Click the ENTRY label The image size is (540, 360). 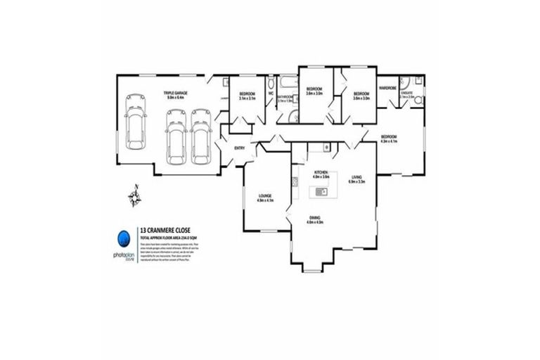[x=239, y=147]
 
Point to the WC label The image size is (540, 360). [x=270, y=94]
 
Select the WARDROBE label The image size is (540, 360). [x=388, y=88]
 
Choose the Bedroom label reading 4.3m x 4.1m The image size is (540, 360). [x=389, y=138]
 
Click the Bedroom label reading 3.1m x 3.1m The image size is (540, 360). [x=247, y=96]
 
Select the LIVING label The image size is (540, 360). [x=357, y=179]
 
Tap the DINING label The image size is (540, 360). [x=314, y=219]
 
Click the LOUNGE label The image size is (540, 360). [x=265, y=198]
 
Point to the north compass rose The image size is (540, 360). [x=134, y=198]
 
